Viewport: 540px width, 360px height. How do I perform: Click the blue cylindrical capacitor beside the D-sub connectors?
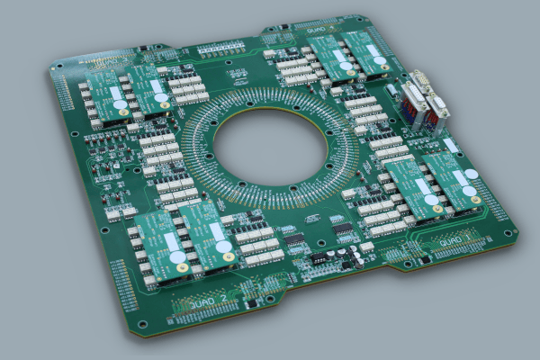pyautogui.click(x=393, y=90)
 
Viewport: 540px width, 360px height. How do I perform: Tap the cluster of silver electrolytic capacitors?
pyautogui.click(x=347, y=256)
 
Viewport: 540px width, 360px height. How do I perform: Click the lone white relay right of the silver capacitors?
pyautogui.click(x=366, y=247)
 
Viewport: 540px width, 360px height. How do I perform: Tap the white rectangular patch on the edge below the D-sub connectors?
pyautogui.click(x=451, y=145)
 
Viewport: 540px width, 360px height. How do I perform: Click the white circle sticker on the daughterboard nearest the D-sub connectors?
pyautogui.click(x=379, y=61)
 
